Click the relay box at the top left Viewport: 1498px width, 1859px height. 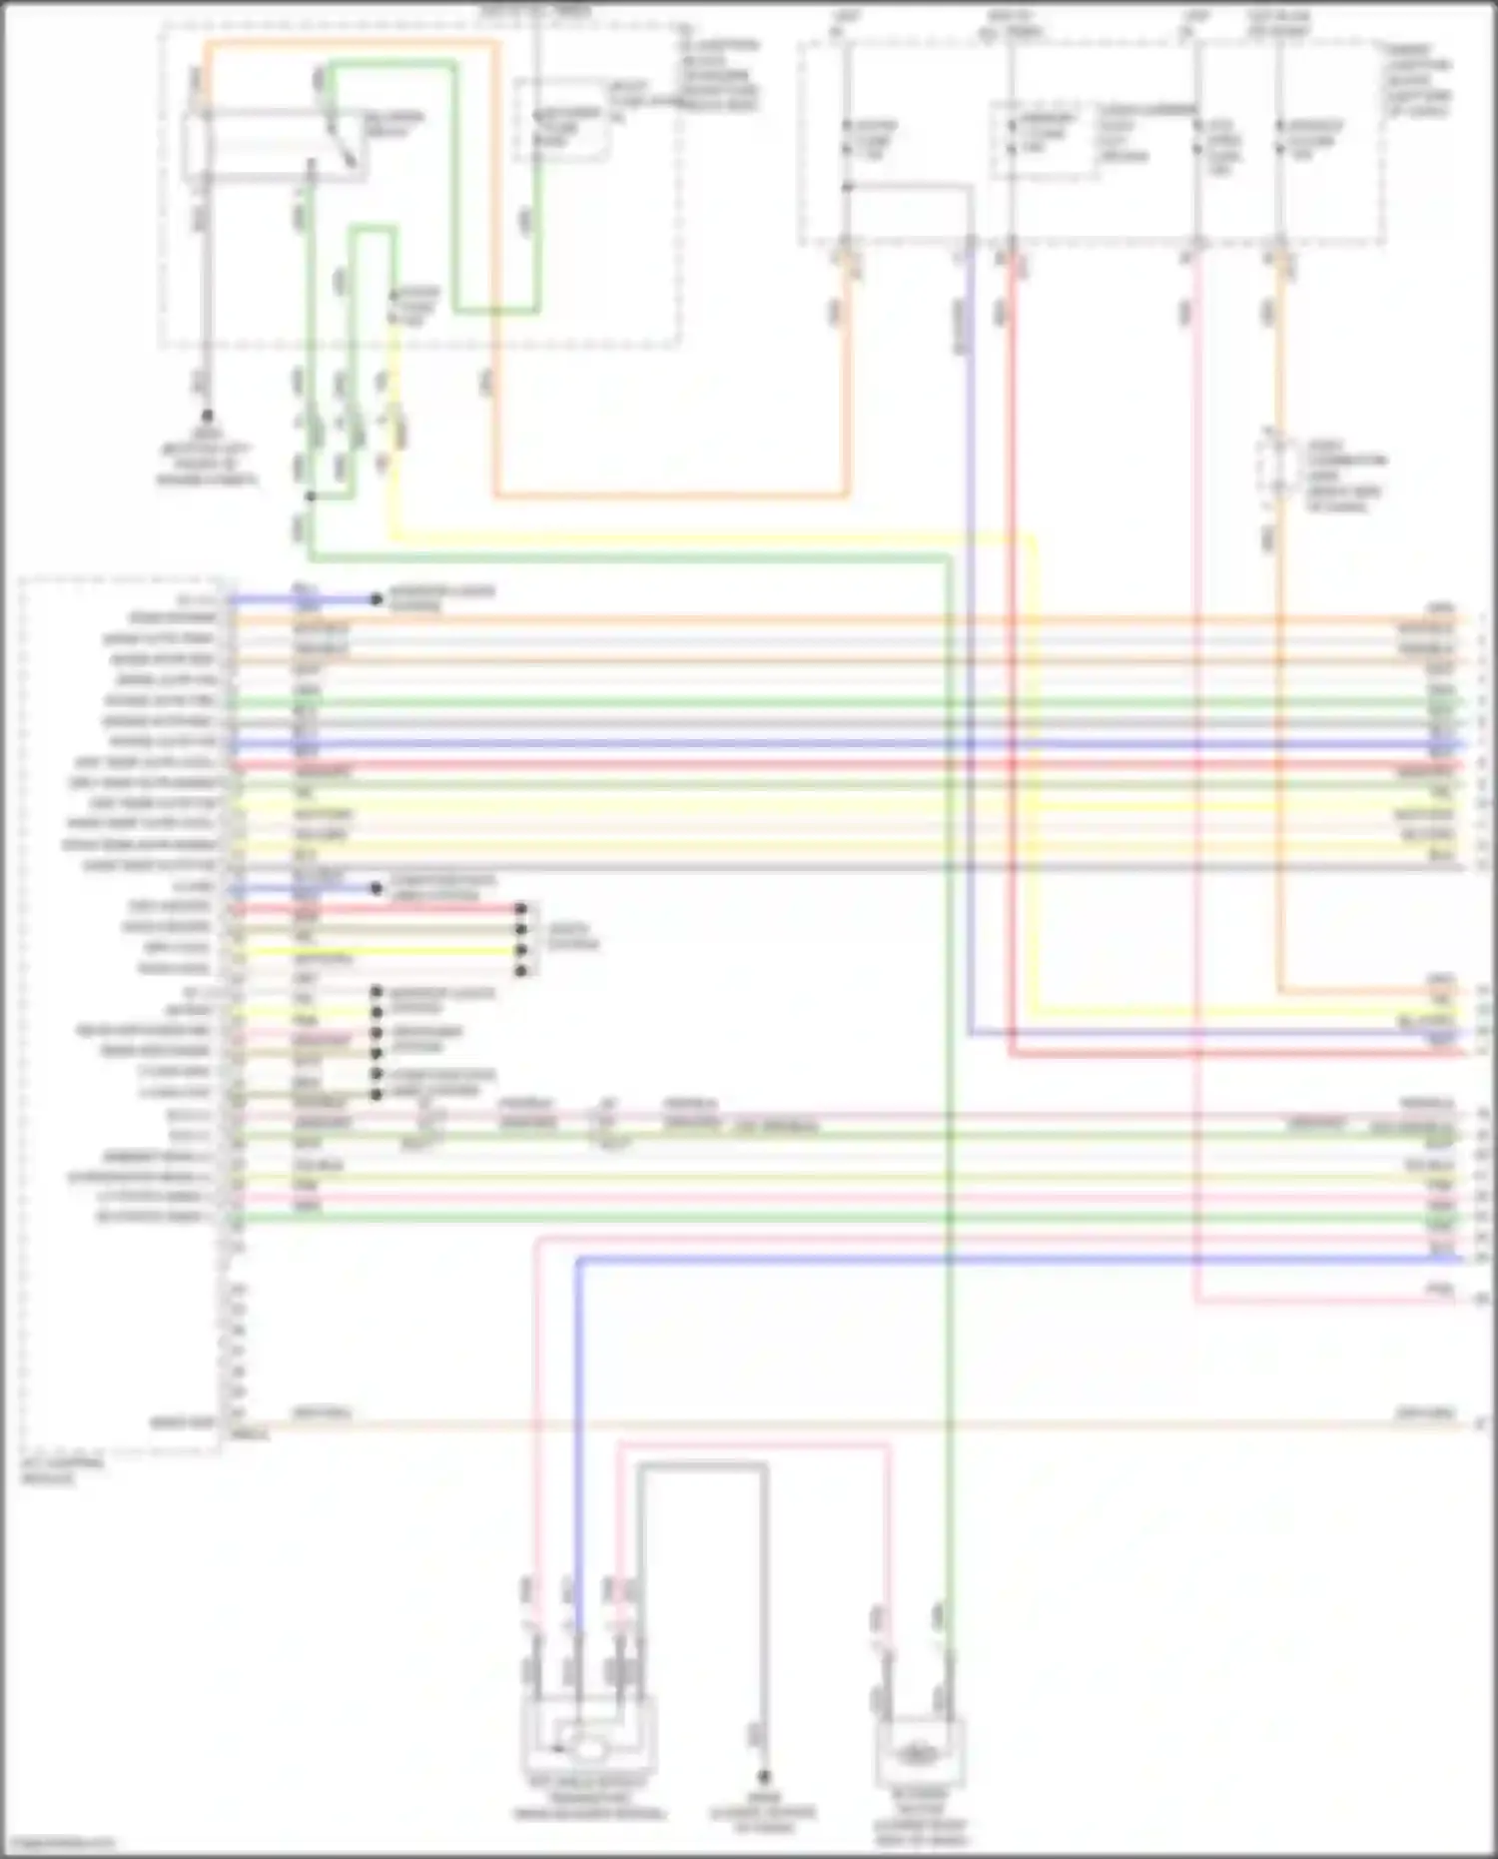pos(275,147)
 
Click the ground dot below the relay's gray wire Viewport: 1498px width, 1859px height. pos(207,415)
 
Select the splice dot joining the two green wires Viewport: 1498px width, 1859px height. pos(311,496)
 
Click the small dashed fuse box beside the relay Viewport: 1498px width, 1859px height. pos(561,121)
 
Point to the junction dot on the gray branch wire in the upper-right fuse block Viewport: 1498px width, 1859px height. pos(847,187)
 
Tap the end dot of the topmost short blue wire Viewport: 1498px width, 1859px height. pos(376,599)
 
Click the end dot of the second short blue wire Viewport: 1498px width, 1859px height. pos(376,888)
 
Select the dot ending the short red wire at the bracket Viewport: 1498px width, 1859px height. pos(520,909)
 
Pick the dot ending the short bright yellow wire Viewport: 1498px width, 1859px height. pos(520,951)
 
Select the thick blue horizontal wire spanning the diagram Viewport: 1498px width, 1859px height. pos(799,745)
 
